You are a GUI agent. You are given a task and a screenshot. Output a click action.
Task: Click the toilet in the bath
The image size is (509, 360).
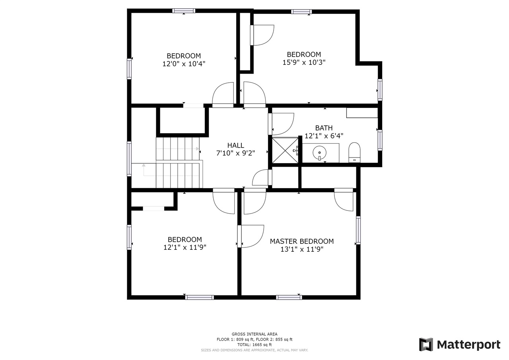coord(354,153)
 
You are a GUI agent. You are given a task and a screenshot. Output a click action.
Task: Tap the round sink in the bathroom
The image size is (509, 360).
coord(319,152)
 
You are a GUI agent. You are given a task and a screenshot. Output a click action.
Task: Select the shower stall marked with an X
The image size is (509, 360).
coord(285,150)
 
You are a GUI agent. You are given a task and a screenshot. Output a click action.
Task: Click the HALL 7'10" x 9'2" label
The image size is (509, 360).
coord(236,149)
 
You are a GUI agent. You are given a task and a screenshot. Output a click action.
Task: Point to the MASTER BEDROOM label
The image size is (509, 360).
coord(301,241)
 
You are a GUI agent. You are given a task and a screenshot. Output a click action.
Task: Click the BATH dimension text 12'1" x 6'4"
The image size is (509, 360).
coord(324,136)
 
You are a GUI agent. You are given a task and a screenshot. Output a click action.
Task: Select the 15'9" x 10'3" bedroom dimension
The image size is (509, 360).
coord(304,62)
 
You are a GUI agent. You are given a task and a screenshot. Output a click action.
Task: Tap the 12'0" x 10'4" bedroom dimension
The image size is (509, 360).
coord(184,64)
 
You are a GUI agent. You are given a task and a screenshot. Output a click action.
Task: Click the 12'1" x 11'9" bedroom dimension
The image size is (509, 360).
coord(185,247)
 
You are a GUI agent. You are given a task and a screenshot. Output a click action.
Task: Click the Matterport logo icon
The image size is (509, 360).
coord(426,344)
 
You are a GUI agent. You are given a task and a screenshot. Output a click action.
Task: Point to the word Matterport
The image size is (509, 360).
coord(468,344)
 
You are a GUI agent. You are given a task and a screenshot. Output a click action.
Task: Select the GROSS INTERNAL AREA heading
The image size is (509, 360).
coord(254,334)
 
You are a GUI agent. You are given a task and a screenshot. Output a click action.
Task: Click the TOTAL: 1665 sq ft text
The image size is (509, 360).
coord(254,345)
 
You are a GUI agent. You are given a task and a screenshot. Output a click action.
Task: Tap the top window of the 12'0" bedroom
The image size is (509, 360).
coord(184,11)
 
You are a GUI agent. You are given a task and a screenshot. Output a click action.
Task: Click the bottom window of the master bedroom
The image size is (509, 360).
coord(289,297)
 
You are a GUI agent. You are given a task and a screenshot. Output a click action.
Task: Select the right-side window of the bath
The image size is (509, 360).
coord(380,140)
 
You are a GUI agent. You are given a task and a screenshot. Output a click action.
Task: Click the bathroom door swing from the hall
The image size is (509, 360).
coord(282,124)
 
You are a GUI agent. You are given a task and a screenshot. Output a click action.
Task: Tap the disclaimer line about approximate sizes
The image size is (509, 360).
coord(254,350)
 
